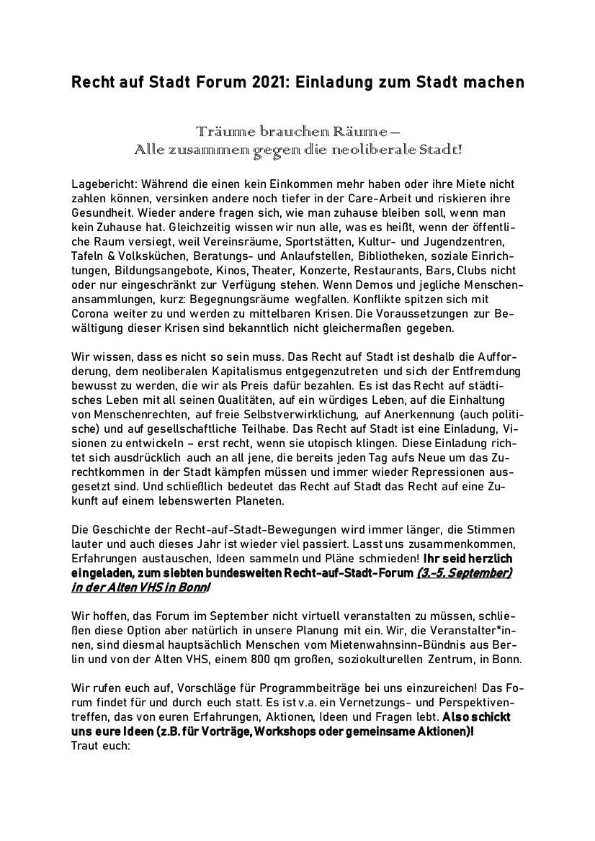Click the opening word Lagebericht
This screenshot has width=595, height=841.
102,185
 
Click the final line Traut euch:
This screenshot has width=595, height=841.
100,745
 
